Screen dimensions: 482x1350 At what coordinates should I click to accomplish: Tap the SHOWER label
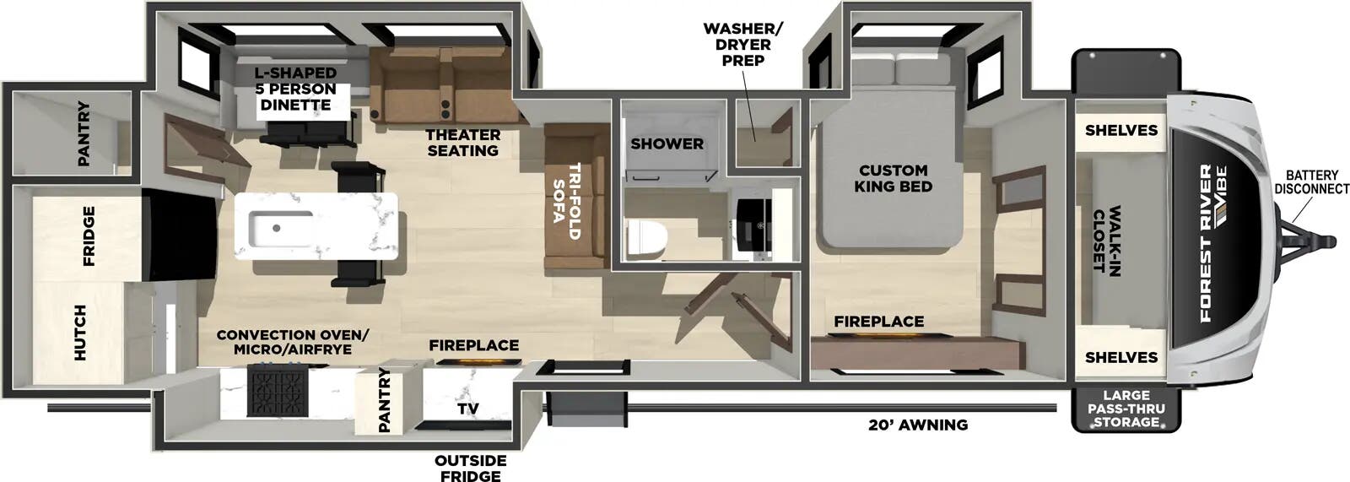(667, 144)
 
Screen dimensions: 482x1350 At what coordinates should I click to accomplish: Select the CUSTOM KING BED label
(892, 178)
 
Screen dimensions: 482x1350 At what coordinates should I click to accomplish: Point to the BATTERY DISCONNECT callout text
(1311, 182)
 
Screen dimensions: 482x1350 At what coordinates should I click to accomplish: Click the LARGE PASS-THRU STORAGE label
(1126, 409)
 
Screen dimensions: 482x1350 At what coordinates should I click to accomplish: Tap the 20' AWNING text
(918, 425)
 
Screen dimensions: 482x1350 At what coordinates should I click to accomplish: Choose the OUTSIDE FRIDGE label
(470, 468)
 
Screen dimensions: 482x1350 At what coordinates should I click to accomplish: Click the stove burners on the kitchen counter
(273, 393)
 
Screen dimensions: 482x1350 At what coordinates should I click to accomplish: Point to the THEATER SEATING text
(462, 143)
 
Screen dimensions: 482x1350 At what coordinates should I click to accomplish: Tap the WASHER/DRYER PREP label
(742, 45)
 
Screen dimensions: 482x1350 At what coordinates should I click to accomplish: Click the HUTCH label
(80, 333)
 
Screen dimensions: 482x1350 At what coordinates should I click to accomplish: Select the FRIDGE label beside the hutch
(89, 236)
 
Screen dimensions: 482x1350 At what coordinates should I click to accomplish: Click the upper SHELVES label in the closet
(1121, 130)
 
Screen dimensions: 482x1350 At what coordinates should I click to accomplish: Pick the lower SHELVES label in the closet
(1121, 358)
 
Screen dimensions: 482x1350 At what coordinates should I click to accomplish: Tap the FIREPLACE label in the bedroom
(878, 322)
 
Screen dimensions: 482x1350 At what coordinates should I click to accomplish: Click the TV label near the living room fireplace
(467, 409)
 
